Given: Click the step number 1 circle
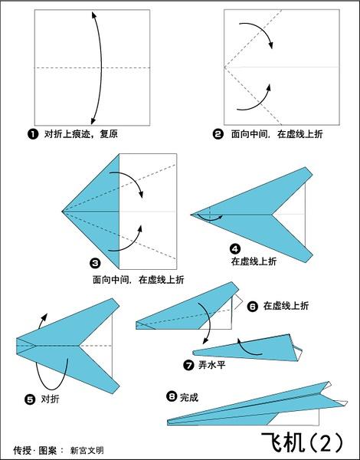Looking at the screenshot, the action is [x=33, y=134].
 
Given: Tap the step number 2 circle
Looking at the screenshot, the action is [x=218, y=134].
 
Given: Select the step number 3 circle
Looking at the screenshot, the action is [x=95, y=263].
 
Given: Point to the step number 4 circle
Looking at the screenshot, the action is [x=235, y=249].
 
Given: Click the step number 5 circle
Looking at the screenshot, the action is [x=30, y=399].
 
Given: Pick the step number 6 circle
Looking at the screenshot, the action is [x=253, y=306].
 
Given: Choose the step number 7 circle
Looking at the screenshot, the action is [x=188, y=365].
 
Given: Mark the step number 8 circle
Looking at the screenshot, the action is [x=172, y=396].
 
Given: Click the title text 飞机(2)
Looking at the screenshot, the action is [x=302, y=442].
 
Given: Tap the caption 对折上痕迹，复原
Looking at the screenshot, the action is [x=81, y=134].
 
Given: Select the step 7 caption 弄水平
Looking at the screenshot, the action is [x=211, y=365].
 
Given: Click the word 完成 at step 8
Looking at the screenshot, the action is [x=189, y=397].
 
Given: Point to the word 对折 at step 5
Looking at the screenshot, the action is [x=50, y=399].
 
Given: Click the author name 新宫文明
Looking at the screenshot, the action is [x=87, y=450].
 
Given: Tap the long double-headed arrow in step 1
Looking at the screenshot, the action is [x=101, y=67].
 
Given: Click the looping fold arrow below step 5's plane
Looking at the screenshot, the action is [x=39, y=379].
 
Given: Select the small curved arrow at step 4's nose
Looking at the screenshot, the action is [x=210, y=218].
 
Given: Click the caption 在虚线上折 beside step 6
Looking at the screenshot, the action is [x=286, y=306].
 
